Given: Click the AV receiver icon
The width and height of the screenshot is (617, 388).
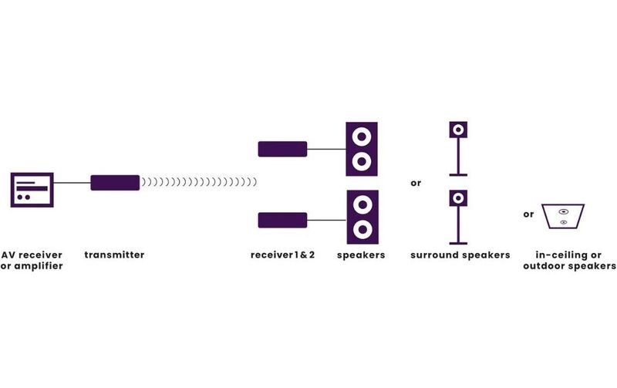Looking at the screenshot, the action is (x=32, y=190).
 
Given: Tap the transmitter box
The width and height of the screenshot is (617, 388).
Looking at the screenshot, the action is (x=115, y=183).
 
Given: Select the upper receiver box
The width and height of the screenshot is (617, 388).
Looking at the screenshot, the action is (x=282, y=149).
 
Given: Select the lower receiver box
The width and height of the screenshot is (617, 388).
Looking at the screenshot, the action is (x=282, y=221).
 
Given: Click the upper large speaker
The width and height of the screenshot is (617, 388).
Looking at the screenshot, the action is (x=362, y=149).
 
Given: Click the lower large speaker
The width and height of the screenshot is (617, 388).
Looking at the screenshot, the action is (x=362, y=217).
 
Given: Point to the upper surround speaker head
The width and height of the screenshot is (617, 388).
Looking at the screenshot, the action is (x=458, y=130).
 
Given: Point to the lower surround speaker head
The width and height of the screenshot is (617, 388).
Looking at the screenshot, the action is (x=458, y=198).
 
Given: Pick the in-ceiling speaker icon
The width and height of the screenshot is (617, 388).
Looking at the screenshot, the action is (x=563, y=216).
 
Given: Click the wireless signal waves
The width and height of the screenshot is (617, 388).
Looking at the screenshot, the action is (x=199, y=182).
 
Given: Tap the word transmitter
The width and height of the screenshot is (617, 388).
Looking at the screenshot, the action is (x=114, y=255).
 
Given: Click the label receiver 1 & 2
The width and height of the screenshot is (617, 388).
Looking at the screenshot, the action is (x=282, y=255).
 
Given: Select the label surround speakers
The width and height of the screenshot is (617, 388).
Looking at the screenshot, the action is (x=460, y=255).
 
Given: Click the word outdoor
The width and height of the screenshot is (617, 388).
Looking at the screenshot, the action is (x=545, y=266).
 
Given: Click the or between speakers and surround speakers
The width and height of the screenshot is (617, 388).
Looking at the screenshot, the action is (x=416, y=183).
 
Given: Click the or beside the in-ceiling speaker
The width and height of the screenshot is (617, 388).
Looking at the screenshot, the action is (x=528, y=214).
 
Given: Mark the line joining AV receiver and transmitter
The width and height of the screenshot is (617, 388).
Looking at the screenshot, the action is (x=72, y=183).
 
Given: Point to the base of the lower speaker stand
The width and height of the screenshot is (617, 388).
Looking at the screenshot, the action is (x=458, y=243).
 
